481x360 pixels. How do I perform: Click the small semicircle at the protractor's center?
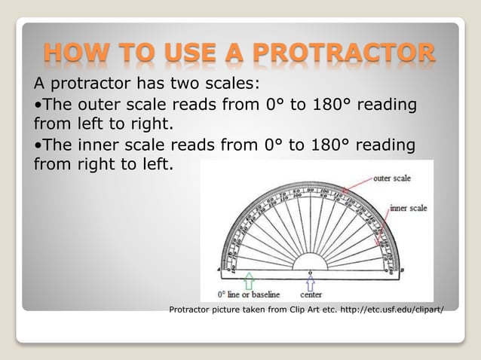tap(310, 261)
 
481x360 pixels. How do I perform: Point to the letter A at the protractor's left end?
tap(218, 269)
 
